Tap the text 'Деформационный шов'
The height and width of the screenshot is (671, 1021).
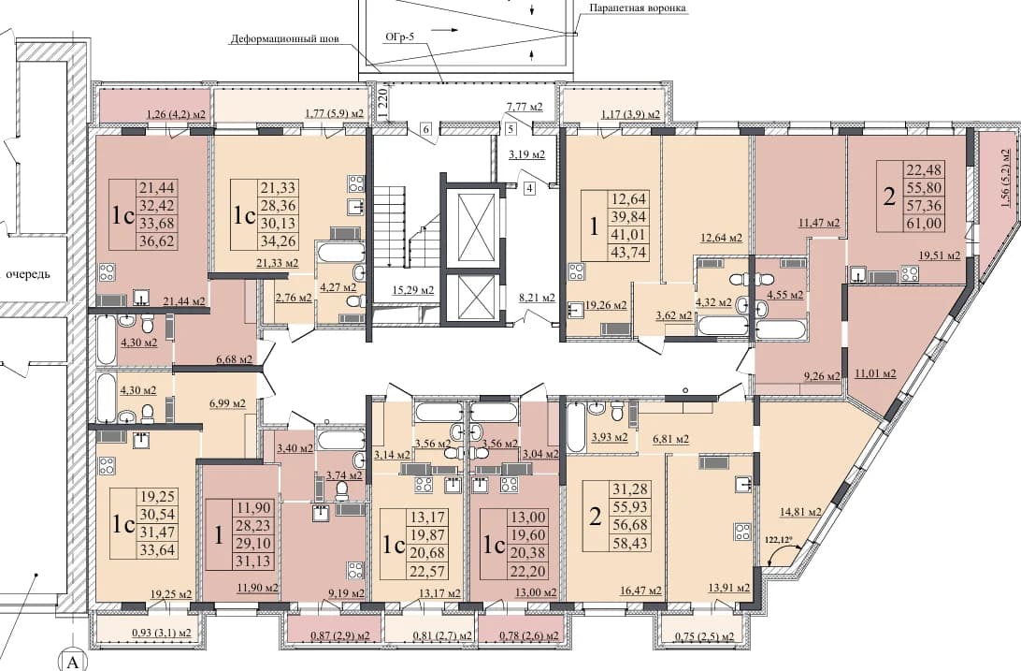[x=284, y=39]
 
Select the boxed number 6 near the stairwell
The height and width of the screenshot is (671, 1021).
[x=426, y=129]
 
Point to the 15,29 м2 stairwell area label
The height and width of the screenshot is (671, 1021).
[x=413, y=289]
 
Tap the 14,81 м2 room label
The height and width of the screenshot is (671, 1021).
[x=799, y=511]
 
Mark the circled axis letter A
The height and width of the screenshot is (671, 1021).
[x=74, y=664]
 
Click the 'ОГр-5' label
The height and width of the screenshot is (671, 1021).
[x=399, y=37]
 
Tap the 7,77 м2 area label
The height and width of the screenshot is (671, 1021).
[x=525, y=106]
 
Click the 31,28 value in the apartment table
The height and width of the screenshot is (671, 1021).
[x=629, y=489]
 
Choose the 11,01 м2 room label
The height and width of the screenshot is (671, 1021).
[x=875, y=374]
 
